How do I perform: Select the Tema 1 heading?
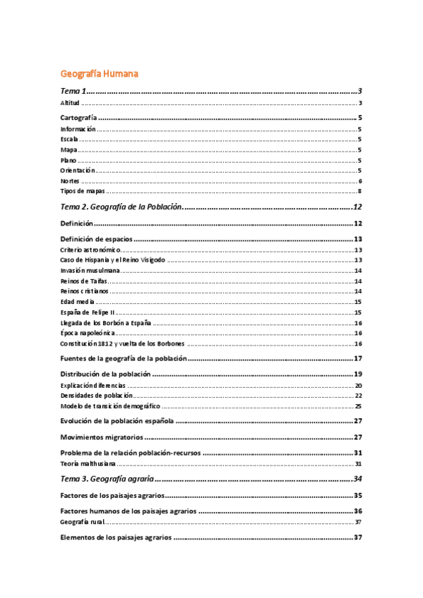click(x=73, y=92)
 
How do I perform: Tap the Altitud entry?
click(x=70, y=104)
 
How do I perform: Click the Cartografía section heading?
click(x=78, y=118)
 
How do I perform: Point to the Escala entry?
click(x=69, y=140)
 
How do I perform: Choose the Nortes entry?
click(x=71, y=181)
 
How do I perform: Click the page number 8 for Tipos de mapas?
click(x=359, y=191)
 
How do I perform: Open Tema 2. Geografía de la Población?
click(x=121, y=207)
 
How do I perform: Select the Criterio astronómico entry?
click(x=90, y=250)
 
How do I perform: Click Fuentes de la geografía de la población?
click(x=124, y=359)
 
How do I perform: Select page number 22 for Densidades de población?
click(x=358, y=396)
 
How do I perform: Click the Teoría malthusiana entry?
click(x=86, y=464)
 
